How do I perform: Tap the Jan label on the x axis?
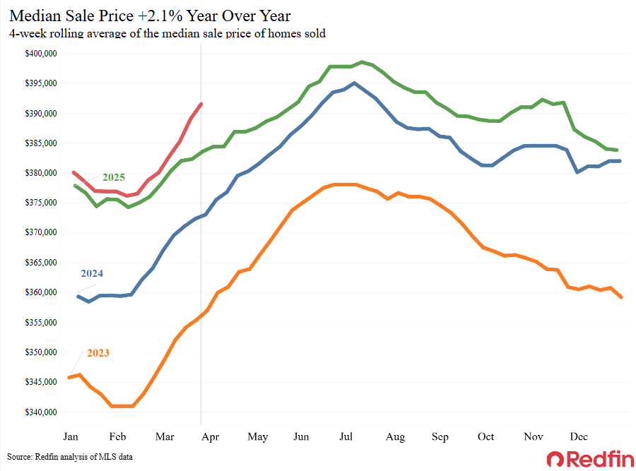click(x=71, y=436)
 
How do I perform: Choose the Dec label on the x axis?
click(x=579, y=436)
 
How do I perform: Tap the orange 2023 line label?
click(x=98, y=352)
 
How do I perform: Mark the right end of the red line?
click(x=201, y=104)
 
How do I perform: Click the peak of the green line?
click(x=362, y=62)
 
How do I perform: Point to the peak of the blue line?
click(x=354, y=83)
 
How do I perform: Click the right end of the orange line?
click(x=621, y=297)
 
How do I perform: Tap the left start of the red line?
click(x=73, y=172)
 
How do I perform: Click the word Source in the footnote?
click(x=21, y=458)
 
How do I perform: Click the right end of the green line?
click(x=618, y=150)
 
